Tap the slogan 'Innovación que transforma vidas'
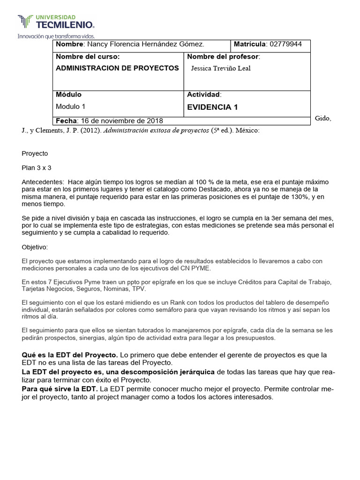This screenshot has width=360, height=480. [56, 36]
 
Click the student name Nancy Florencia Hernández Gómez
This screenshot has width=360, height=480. [144, 45]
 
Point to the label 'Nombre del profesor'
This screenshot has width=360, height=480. [223, 57]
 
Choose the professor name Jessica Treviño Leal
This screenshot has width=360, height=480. [221, 68]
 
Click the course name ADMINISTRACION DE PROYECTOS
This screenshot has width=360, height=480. [117, 68]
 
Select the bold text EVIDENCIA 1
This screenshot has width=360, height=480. [212, 107]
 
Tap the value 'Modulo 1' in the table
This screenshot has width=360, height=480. [70, 106]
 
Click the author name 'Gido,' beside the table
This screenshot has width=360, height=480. [323, 118]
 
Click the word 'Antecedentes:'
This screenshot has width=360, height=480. [42, 181]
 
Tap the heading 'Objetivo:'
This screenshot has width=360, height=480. [35, 247]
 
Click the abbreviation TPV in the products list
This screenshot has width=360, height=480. [139, 290]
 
